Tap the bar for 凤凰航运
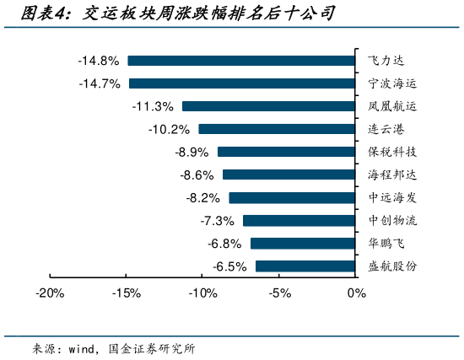pyautogui.click(x=267, y=106)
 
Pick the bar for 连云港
pyautogui.click(x=276, y=129)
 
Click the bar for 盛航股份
pyautogui.click(x=305, y=266)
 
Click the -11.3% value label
pyautogui.click(x=153, y=106)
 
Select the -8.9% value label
pyautogui.click(x=191, y=152)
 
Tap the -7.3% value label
pyautogui.click(x=217, y=221)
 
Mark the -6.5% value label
pyautogui.click(x=229, y=266)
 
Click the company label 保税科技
pyautogui.click(x=392, y=152)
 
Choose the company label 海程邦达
pyautogui.click(x=392, y=175)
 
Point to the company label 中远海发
pyautogui.click(x=392, y=197)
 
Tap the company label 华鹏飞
pyautogui.click(x=386, y=244)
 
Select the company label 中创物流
pyautogui.click(x=392, y=221)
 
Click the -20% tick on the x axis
pyautogui.click(x=50, y=293)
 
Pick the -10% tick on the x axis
pyautogui.click(x=203, y=293)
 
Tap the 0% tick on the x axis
pyautogui.click(x=357, y=293)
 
